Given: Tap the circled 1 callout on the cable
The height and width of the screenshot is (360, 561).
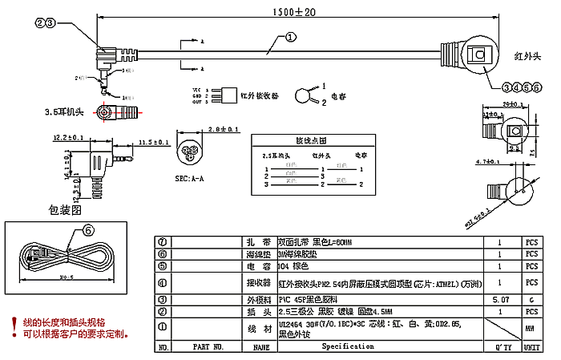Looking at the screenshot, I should pyautogui.click(x=290, y=38).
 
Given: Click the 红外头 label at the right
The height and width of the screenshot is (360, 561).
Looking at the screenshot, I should pyautogui.click(x=527, y=57).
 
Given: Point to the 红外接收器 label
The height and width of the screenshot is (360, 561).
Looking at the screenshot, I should pyautogui.click(x=260, y=95).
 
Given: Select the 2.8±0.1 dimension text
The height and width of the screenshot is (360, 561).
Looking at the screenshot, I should pyautogui.click(x=223, y=128).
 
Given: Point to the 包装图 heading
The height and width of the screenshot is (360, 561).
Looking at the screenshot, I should pyautogui.click(x=67, y=211).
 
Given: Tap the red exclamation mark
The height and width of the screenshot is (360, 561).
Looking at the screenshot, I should pyautogui.click(x=14, y=325).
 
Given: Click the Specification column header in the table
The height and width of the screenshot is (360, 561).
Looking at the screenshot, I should pyautogui.click(x=348, y=346).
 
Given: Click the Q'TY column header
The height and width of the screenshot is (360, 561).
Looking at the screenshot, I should pyautogui.click(x=501, y=347).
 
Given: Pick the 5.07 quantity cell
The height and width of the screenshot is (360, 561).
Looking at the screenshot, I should pyautogui.click(x=500, y=298).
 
